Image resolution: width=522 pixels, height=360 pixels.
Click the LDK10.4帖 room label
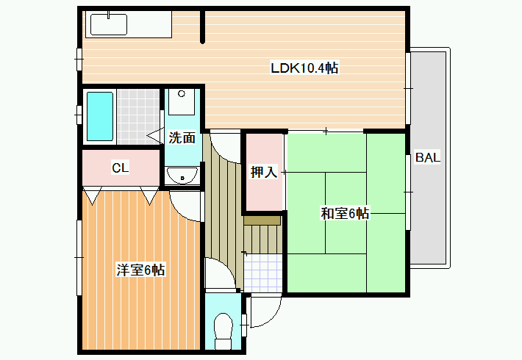pos(304,68)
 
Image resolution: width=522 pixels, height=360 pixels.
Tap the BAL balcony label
pos(427,157)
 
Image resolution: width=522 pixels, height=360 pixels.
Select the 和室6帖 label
pos(345,213)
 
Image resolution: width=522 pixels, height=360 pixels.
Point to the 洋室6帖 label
pos(140,270)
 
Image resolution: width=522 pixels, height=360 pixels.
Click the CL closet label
pos(120,168)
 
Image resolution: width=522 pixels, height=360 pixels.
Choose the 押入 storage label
pos(264,172)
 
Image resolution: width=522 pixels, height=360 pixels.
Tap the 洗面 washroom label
pos(182,137)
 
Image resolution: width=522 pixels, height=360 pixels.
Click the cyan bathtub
pos(99,117)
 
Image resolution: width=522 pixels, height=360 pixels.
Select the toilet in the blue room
pos(223,331)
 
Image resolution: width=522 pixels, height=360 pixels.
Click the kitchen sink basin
pos(109,24)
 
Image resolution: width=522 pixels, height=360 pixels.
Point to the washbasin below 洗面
pos(182,176)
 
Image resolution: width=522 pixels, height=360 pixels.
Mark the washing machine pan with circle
pos(181,102)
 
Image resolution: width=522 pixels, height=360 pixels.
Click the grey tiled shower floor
pos(137,117)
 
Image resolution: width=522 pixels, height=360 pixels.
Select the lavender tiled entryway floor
pos(263,273)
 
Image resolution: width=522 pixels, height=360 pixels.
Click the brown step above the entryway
pos(262,220)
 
